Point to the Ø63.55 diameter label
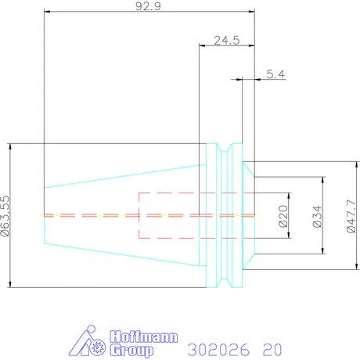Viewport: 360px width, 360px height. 6,214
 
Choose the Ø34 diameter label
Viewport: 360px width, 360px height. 317,214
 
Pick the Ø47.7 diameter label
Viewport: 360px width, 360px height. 350,214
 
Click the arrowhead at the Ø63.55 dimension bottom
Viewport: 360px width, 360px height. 11,283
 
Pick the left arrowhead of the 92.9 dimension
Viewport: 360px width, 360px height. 48,13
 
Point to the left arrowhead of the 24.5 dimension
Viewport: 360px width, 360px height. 203,46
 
